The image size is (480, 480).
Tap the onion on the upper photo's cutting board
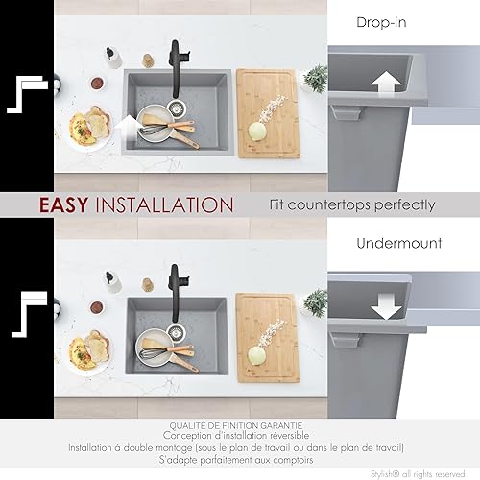coord(257,131)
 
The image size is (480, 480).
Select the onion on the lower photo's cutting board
coord(256,354)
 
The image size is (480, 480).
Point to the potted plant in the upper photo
coord(315,77)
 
